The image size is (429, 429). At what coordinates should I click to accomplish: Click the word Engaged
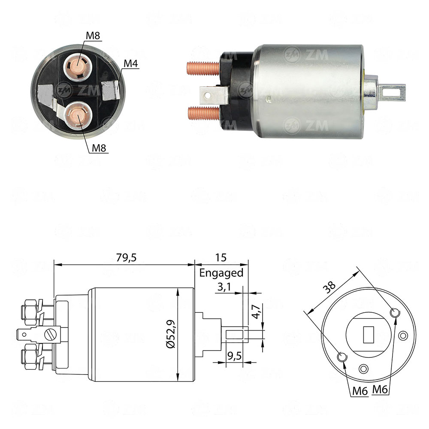[x=221, y=273]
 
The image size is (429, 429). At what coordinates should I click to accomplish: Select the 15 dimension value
[x=221, y=257]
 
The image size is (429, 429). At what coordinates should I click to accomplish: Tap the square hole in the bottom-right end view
[x=369, y=335]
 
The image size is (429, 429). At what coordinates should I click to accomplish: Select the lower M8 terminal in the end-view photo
[x=78, y=115]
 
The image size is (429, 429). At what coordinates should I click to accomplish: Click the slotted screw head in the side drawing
[x=51, y=333]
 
